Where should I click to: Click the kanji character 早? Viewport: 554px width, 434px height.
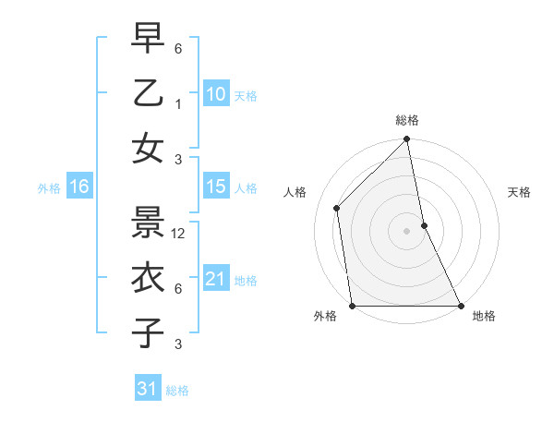(149, 38)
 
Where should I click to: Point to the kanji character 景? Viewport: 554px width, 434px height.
(149, 222)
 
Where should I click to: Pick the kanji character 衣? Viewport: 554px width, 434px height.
(149, 277)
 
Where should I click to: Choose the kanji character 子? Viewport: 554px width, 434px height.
(149, 332)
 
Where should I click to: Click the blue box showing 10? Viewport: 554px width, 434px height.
(215, 94)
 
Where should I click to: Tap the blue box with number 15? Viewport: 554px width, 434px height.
(215, 187)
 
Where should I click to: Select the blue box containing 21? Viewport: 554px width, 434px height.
(215, 279)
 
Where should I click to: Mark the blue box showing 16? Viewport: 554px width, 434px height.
(78, 187)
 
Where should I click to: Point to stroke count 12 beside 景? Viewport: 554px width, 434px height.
(179, 234)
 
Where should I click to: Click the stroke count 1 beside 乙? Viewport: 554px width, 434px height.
(178, 103)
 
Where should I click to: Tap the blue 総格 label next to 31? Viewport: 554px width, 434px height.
(177, 391)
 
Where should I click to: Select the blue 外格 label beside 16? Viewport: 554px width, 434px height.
(49, 188)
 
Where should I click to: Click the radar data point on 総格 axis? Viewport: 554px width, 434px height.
(406, 140)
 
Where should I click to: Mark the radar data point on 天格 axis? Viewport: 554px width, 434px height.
(424, 225)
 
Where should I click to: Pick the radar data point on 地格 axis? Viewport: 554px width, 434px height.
(461, 306)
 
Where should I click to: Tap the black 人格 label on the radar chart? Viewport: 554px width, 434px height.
(295, 192)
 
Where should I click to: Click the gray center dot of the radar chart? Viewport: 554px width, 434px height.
(406, 231)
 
